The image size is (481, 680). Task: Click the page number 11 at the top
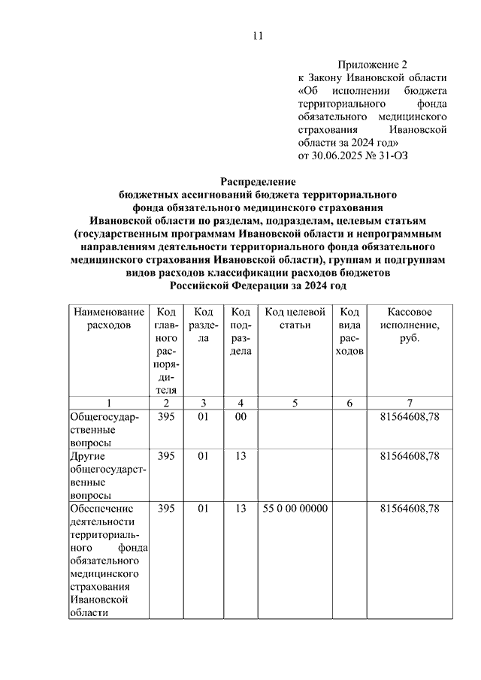[x=258, y=35]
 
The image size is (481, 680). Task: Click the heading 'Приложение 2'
[x=374, y=65]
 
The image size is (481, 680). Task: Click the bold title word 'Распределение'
[x=258, y=181]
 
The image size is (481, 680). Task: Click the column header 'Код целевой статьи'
[x=295, y=318]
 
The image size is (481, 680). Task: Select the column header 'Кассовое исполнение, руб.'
[x=410, y=325]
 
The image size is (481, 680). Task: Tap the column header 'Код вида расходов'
[x=349, y=331]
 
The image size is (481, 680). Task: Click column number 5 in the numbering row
[x=295, y=403]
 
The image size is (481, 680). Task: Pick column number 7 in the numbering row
[x=410, y=403]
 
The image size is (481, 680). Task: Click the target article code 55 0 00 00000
[x=295, y=509]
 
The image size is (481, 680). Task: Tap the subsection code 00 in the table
[x=240, y=417]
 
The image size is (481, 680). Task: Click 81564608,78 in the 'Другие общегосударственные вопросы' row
[x=410, y=456]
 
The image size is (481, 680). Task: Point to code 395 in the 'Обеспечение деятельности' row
[x=166, y=509]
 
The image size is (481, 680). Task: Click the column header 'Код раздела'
[x=203, y=325]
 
